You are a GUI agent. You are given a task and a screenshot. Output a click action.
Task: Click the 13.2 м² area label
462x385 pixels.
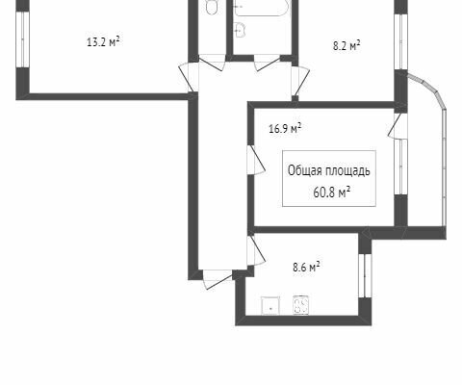tap(103, 41)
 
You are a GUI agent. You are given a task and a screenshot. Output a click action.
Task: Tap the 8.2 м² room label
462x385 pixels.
tap(346, 45)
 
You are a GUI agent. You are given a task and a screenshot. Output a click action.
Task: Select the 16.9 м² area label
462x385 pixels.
tap(285, 129)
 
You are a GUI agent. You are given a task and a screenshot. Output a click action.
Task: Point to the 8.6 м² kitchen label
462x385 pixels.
tap(306, 267)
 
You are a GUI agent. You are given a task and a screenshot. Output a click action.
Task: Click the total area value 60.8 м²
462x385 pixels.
tap(331, 192)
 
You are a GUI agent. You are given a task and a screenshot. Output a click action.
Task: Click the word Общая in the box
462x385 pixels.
tap(304, 171)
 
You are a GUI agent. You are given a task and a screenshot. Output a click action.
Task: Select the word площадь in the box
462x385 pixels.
tap(347, 171)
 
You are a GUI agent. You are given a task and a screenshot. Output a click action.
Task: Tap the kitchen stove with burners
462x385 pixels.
tap(301, 305)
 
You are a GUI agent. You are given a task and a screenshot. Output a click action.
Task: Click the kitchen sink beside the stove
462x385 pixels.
tap(270, 305)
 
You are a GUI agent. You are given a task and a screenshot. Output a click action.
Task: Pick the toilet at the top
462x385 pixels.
tap(212, 7)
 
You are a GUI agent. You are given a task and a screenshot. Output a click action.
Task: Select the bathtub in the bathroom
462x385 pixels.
tap(261, 8)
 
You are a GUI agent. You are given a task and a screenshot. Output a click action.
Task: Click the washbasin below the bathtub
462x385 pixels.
tap(240, 30)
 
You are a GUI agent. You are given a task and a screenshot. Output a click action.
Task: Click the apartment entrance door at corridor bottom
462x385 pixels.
tap(218, 280)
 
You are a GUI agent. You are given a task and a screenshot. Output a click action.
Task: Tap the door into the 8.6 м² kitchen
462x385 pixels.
tap(256, 251)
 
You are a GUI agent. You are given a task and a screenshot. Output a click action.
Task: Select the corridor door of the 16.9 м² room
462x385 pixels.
tap(256, 161)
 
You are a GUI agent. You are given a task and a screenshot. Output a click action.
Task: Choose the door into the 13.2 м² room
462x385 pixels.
tap(189, 77)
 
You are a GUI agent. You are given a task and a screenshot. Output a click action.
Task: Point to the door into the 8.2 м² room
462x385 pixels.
tap(300, 81)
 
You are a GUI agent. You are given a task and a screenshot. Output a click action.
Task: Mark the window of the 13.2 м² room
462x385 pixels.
tap(23, 39)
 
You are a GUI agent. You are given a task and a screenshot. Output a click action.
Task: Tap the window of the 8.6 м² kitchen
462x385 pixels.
tap(365, 275)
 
